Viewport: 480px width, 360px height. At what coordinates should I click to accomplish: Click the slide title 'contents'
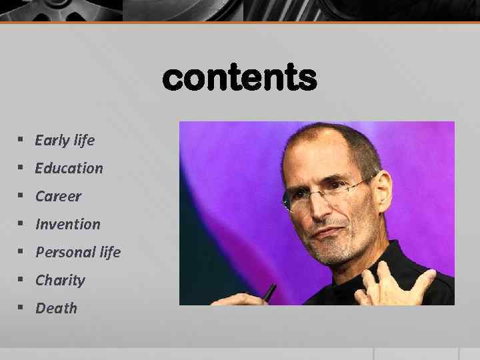[239, 79]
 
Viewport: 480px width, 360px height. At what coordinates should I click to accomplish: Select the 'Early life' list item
[65, 140]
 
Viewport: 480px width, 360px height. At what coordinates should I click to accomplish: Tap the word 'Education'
[69, 168]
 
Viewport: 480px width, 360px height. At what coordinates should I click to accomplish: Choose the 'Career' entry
[58, 196]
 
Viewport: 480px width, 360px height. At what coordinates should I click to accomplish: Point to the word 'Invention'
[67, 224]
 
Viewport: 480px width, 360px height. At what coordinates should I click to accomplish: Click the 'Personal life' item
[78, 252]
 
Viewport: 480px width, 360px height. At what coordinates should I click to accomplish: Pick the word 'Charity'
[60, 280]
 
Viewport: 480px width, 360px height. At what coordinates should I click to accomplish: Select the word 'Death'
[56, 308]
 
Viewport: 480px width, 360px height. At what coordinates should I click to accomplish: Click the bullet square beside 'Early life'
[21, 140]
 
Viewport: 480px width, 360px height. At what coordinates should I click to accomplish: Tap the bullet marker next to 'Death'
[21, 308]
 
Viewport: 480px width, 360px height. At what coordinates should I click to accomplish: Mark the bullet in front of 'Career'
[21, 196]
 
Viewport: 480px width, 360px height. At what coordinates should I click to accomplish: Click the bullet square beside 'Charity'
[21, 280]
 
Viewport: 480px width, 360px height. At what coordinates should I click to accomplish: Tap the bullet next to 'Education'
[21, 168]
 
